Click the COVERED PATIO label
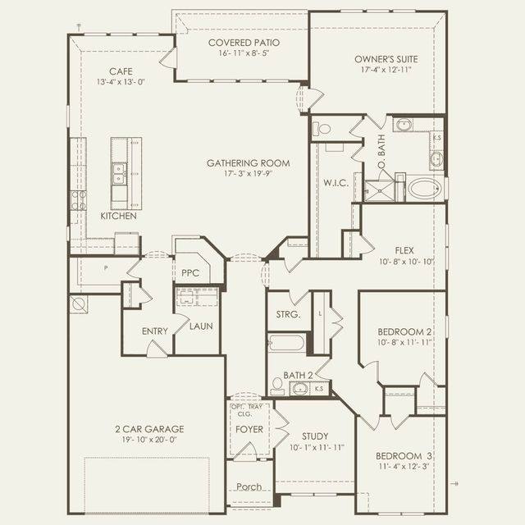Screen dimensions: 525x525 pos(244,43)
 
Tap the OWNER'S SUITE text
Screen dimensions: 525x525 pos(382,59)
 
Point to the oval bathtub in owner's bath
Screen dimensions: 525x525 pos(425,189)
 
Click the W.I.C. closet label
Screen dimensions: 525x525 pos(336,182)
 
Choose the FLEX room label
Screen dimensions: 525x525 pos(403,250)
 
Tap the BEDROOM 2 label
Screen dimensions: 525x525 pos(404,331)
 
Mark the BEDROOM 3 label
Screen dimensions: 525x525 pos(403,455)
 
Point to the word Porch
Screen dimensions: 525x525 pos(249,486)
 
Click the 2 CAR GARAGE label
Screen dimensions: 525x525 pos(149,428)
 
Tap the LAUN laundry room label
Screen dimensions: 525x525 pos(201,326)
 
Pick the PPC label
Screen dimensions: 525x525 pos(190,272)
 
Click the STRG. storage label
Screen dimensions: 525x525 pos(288,314)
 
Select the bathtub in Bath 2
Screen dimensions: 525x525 pos(287,342)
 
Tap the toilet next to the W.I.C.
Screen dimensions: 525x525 pos(322,129)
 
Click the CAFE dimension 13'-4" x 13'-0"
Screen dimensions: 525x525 pos(115,81)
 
